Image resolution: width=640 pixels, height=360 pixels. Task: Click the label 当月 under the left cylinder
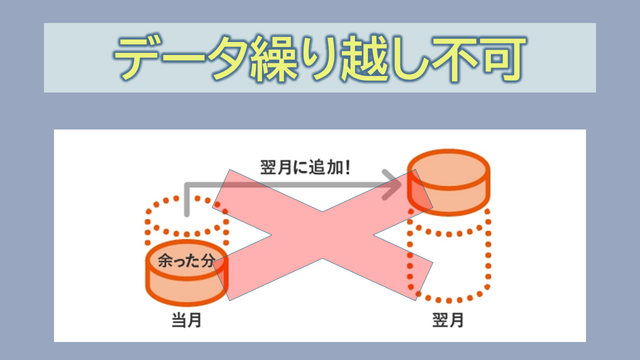coord(187,320)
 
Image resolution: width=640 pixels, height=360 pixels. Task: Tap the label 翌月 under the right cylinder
coord(448,320)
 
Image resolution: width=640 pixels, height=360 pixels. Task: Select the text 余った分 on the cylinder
coord(186,260)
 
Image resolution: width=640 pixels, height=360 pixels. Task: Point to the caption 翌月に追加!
coord(305,167)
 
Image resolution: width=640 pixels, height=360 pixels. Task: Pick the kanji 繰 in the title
coord(273,59)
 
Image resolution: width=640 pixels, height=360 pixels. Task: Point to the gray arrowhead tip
coord(402,185)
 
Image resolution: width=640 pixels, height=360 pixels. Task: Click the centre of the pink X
coord(322,235)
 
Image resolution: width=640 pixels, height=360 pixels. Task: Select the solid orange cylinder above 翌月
coord(449,182)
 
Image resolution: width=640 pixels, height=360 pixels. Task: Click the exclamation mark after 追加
coord(347,167)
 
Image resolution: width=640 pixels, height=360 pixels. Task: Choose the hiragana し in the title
coord(408,59)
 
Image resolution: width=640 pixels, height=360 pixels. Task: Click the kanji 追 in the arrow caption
coord(314,167)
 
